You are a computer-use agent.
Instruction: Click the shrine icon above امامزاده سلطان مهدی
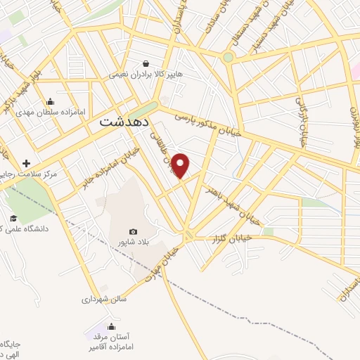[50, 101]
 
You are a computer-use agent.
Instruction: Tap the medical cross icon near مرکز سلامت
[26, 162]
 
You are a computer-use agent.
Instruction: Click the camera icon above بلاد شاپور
[133, 231]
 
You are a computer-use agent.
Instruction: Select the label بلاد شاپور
[133, 242]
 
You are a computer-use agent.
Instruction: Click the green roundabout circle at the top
[228, 58]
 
